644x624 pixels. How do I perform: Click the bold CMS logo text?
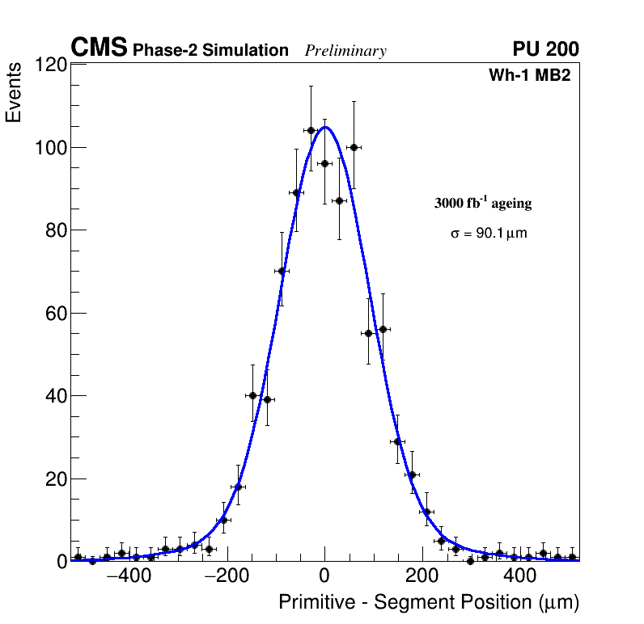tap(99, 48)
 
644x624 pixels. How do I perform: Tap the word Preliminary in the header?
tap(345, 51)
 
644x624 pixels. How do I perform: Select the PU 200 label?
tap(545, 49)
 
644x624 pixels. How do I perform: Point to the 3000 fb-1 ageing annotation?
tap(483, 203)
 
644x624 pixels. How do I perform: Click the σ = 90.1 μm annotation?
tap(489, 234)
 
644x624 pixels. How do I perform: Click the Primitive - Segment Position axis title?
tap(429, 602)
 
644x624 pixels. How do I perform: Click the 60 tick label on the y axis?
tap(53, 314)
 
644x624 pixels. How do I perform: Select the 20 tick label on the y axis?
tap(53, 479)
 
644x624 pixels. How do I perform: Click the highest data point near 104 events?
tap(311, 130)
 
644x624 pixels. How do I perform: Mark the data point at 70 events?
tap(282, 271)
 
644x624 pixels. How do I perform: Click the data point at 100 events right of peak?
tap(354, 147)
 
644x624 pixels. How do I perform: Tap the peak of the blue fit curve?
tap(325, 127)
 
